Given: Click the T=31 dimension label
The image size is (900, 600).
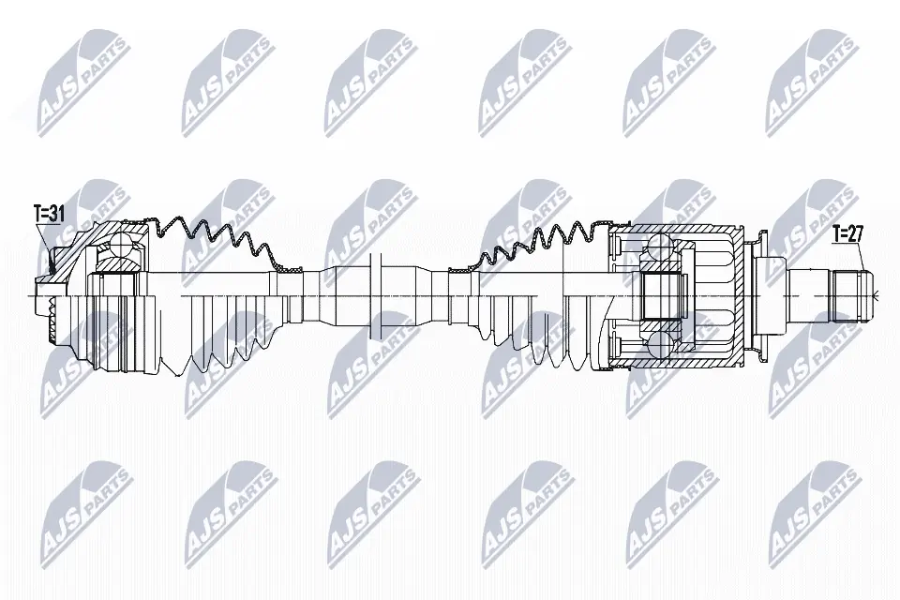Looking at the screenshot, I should pos(48,213).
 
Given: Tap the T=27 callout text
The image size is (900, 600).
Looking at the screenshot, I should pos(847,234).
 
